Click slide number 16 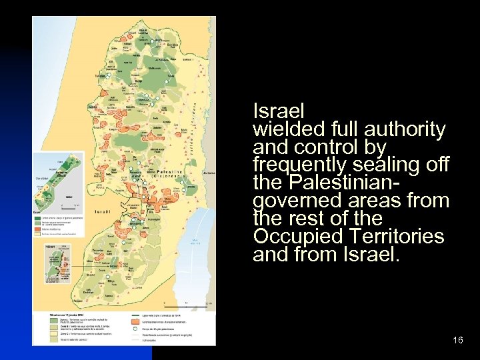point(457,341)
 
